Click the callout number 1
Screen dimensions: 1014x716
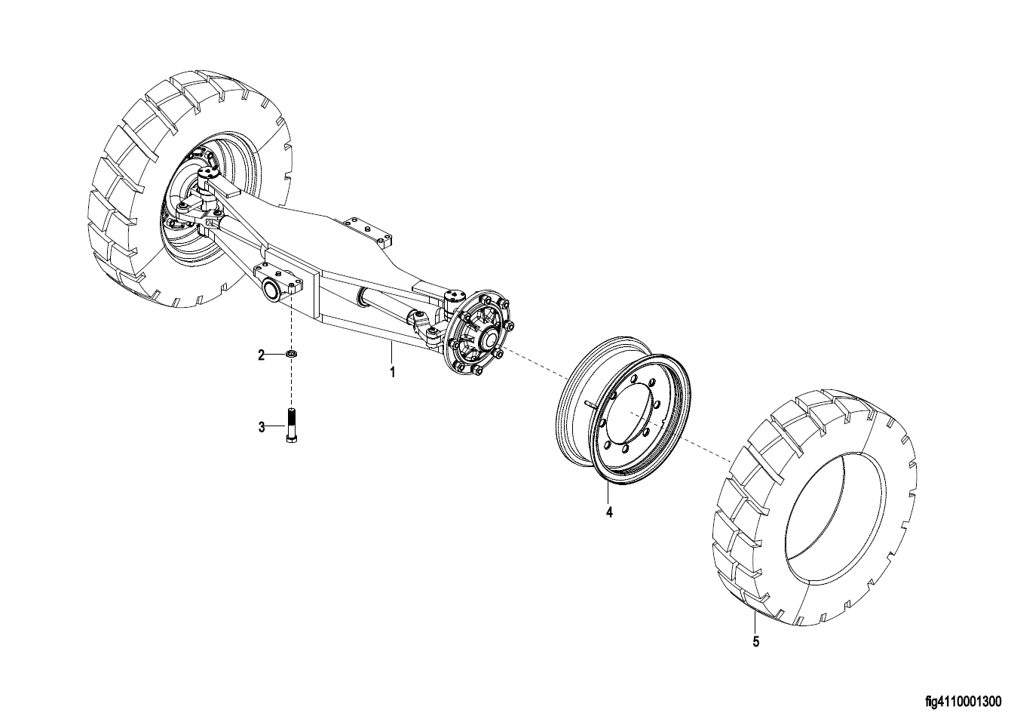(x=393, y=373)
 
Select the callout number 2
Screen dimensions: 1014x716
(x=261, y=355)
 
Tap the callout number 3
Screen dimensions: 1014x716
(x=262, y=427)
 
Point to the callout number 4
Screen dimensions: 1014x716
(x=609, y=512)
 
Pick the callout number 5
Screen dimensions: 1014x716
(x=755, y=641)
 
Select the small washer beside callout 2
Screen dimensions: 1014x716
(x=292, y=353)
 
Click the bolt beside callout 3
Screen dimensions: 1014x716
(x=292, y=425)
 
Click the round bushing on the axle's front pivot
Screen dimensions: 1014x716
(x=273, y=289)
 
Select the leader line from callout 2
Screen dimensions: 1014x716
(x=275, y=354)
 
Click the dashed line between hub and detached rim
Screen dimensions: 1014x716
(x=535, y=363)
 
